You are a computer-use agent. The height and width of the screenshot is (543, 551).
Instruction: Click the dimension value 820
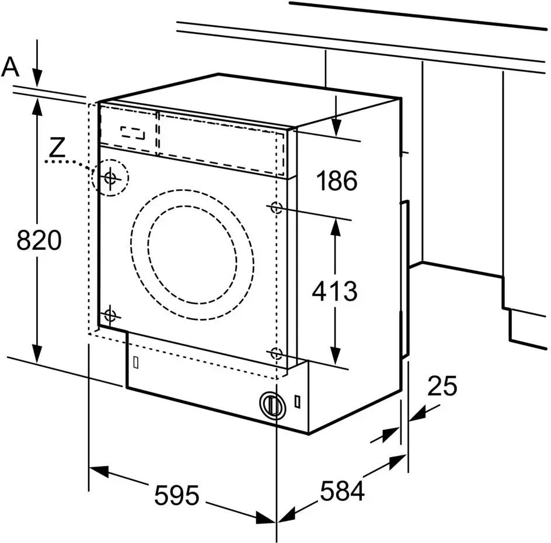[x=39, y=241]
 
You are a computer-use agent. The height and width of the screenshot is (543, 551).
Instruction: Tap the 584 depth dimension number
[x=341, y=491]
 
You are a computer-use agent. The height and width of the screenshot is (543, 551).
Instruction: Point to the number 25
[x=442, y=386]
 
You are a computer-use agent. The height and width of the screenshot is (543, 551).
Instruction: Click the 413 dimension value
[x=334, y=290]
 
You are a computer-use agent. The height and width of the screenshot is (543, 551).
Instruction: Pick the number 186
[x=337, y=182]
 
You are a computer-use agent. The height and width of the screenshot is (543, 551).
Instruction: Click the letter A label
[x=10, y=68]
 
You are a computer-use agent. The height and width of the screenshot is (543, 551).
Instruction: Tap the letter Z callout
[x=57, y=147]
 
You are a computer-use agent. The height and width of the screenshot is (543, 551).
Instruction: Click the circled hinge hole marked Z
[x=110, y=177]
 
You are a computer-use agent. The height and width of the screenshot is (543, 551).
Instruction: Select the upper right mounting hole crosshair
[x=276, y=207]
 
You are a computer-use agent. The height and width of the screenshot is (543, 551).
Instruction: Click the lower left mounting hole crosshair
[x=110, y=316]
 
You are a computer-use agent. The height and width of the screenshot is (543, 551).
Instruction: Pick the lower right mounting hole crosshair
[x=276, y=353]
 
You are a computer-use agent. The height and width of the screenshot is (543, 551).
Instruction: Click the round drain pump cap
[x=270, y=404]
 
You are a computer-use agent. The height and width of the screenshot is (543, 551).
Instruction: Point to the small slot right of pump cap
[x=298, y=402]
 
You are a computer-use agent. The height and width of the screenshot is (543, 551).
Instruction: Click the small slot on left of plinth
[x=135, y=362]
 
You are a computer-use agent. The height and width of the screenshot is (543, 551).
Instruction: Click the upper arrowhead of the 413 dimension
[x=334, y=226]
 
